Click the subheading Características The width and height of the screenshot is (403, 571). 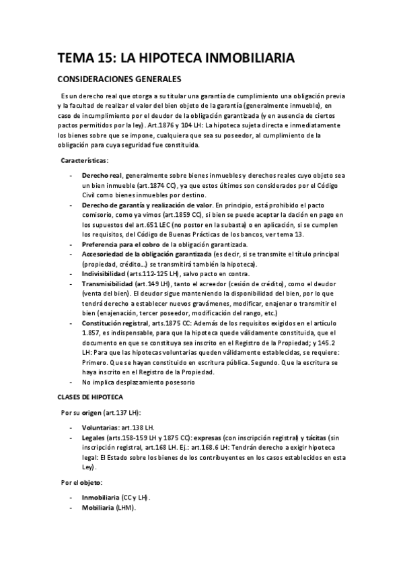click(83, 160)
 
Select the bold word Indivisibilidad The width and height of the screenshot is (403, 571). click(103, 274)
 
